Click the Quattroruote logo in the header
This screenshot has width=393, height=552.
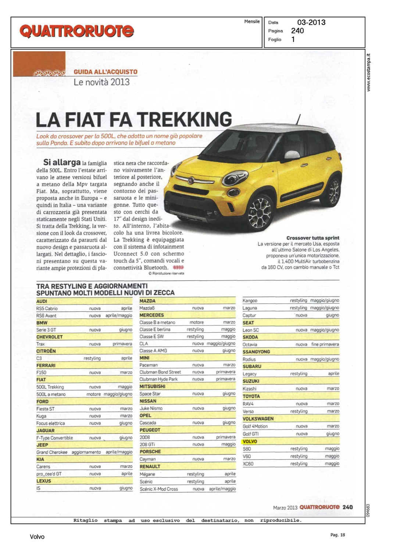pos(76,31)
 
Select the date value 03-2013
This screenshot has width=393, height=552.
pos(311,22)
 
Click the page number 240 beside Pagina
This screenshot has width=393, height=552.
pos(297,31)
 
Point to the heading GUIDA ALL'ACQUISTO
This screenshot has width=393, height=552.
pos(106,72)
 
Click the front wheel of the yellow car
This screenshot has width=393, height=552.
pos(260,212)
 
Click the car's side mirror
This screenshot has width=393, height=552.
pos(292,155)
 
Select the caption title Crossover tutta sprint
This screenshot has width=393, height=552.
pos(312,238)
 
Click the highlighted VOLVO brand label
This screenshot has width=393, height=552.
pos(250,442)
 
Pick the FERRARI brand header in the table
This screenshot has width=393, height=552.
pos(46,365)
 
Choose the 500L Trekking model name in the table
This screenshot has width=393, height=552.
pos(50,387)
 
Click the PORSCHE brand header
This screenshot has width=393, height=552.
pos(150,452)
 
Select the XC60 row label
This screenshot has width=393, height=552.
pos(248,464)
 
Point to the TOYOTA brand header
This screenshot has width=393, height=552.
pos(251,396)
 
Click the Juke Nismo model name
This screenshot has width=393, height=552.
pos(151,408)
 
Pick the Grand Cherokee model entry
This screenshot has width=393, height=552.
pos(52,452)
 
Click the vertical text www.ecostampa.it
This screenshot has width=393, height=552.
pos(369,73)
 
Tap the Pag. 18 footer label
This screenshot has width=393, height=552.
pos(337,535)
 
